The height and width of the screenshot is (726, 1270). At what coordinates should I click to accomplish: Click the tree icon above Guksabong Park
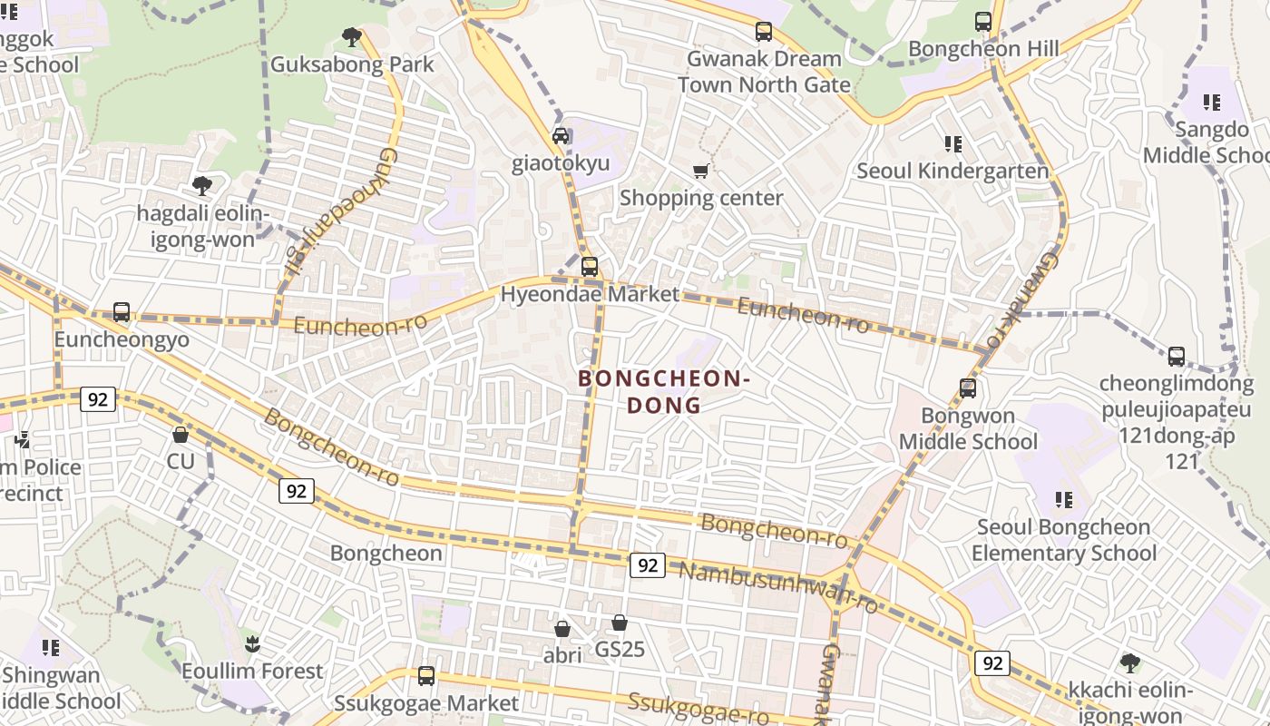[x=352, y=37]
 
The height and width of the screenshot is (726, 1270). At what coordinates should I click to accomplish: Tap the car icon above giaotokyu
[x=561, y=136]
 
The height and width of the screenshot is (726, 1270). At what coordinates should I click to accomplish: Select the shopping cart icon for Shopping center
[x=700, y=171]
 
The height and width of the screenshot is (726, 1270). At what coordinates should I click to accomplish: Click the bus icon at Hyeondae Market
[x=590, y=267]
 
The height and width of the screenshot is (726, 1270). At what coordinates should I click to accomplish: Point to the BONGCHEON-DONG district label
[x=664, y=392]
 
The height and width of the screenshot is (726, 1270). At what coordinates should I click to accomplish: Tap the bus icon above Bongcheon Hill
[x=982, y=22]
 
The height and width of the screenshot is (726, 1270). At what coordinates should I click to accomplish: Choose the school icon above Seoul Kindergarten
[x=952, y=143]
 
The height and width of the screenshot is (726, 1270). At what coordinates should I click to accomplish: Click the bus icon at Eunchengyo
[x=122, y=312]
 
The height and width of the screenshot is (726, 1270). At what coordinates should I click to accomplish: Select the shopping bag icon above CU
[x=181, y=435]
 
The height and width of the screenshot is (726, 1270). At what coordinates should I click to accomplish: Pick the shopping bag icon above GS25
[x=620, y=623]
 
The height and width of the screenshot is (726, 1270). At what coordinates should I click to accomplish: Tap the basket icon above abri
[x=562, y=628]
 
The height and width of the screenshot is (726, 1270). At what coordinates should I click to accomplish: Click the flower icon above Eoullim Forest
[x=252, y=644]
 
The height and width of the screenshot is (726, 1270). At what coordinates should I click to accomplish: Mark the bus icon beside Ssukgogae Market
[x=426, y=676]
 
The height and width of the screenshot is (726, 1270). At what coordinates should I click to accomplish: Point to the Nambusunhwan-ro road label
[x=779, y=585]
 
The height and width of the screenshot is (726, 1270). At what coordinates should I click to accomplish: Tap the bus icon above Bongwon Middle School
[x=968, y=388]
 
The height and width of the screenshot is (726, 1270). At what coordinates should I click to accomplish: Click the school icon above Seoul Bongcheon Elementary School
[x=1063, y=499]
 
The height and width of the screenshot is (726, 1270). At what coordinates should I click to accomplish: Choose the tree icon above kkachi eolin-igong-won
[x=1129, y=662]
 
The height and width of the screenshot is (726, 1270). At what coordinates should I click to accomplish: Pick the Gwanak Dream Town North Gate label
[x=764, y=72]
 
